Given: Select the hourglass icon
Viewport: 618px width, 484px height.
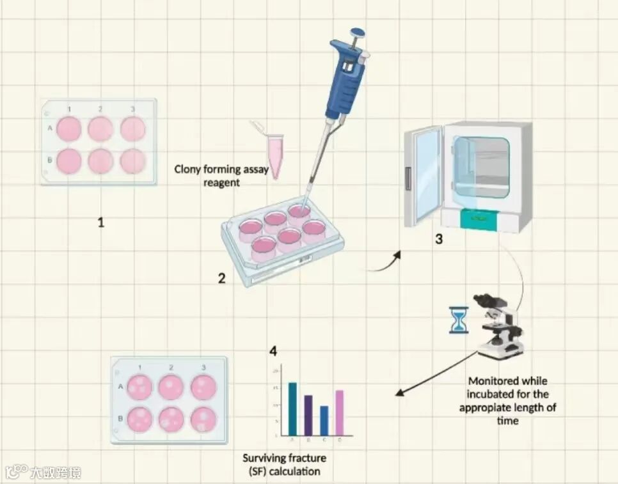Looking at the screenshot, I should click(x=458, y=320).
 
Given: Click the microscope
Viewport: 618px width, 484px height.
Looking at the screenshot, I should click(x=499, y=326).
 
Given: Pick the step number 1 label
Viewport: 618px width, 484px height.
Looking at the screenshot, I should click(x=100, y=222).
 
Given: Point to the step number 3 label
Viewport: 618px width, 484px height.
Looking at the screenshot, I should click(x=438, y=240).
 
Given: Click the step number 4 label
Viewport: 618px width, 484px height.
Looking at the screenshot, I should click(x=273, y=351).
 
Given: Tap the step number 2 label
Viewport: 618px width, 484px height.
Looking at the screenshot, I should click(x=221, y=278).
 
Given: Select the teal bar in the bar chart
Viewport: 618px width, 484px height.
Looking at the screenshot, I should click(x=292, y=409).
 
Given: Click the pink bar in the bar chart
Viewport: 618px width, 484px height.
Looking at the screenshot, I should click(x=340, y=412).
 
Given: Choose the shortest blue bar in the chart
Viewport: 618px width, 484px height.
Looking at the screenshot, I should click(x=324, y=420).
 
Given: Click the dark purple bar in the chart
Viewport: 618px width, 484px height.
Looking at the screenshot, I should click(x=308, y=415).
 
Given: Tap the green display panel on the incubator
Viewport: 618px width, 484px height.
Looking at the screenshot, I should click(x=478, y=219).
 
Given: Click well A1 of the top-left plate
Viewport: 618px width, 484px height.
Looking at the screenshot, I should click(x=68, y=129).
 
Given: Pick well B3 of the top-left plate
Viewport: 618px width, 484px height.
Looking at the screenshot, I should click(x=132, y=160).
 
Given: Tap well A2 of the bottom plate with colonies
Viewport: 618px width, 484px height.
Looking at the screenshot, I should click(x=171, y=387).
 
